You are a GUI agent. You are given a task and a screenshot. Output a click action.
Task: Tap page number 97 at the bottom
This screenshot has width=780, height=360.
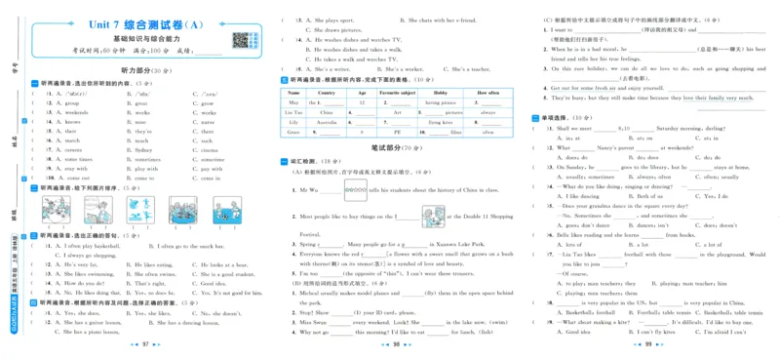click(144, 345)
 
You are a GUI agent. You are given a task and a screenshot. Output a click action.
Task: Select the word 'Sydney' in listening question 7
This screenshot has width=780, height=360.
click(142, 150)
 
